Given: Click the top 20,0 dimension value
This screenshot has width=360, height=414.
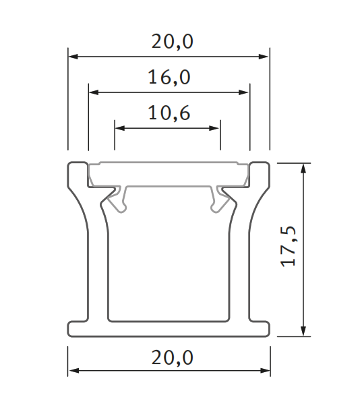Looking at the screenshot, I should point(169,42).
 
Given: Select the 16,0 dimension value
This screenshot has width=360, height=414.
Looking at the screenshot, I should point(169,78).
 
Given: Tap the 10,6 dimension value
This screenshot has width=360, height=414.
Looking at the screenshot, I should point(169,113).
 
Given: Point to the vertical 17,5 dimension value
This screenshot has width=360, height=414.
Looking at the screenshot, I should point(289,248).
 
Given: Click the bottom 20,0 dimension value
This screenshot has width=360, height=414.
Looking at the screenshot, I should point(169,357).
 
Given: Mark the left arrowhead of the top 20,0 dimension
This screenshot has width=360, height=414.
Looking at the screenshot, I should point(73,57).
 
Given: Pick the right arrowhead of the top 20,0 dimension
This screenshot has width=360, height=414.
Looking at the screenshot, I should point(264,57).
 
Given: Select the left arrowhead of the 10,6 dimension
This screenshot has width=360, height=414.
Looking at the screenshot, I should point(120,127).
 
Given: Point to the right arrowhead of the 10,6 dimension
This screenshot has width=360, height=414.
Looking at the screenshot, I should point(216,127).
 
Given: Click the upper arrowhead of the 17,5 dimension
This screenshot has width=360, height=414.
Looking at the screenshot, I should point(305,168).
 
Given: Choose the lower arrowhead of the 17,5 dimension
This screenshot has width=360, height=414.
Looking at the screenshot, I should point(305,330).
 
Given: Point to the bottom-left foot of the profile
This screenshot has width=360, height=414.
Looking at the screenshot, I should point(78,328).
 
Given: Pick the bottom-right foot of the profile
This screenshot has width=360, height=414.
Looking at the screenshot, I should point(260,328).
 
